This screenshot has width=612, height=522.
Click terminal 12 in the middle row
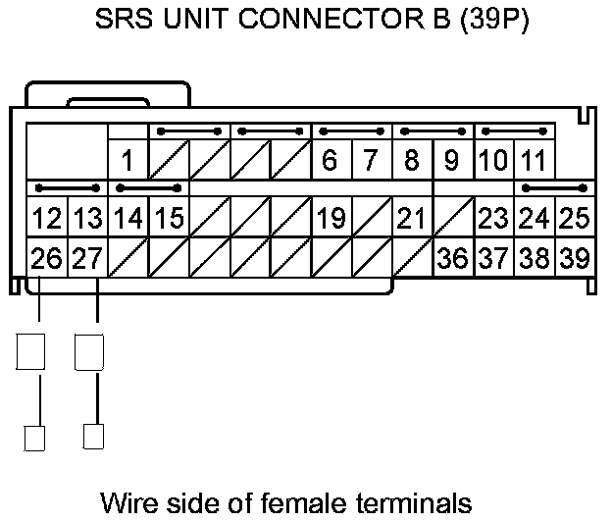(46, 218)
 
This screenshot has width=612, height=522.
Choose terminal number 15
(169, 218)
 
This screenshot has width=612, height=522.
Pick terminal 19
(331, 218)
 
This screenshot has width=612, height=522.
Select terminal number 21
(411, 218)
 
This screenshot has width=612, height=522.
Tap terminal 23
(492, 218)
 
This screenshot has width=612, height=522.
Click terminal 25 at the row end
(573, 218)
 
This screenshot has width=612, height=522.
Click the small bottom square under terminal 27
(94, 436)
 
